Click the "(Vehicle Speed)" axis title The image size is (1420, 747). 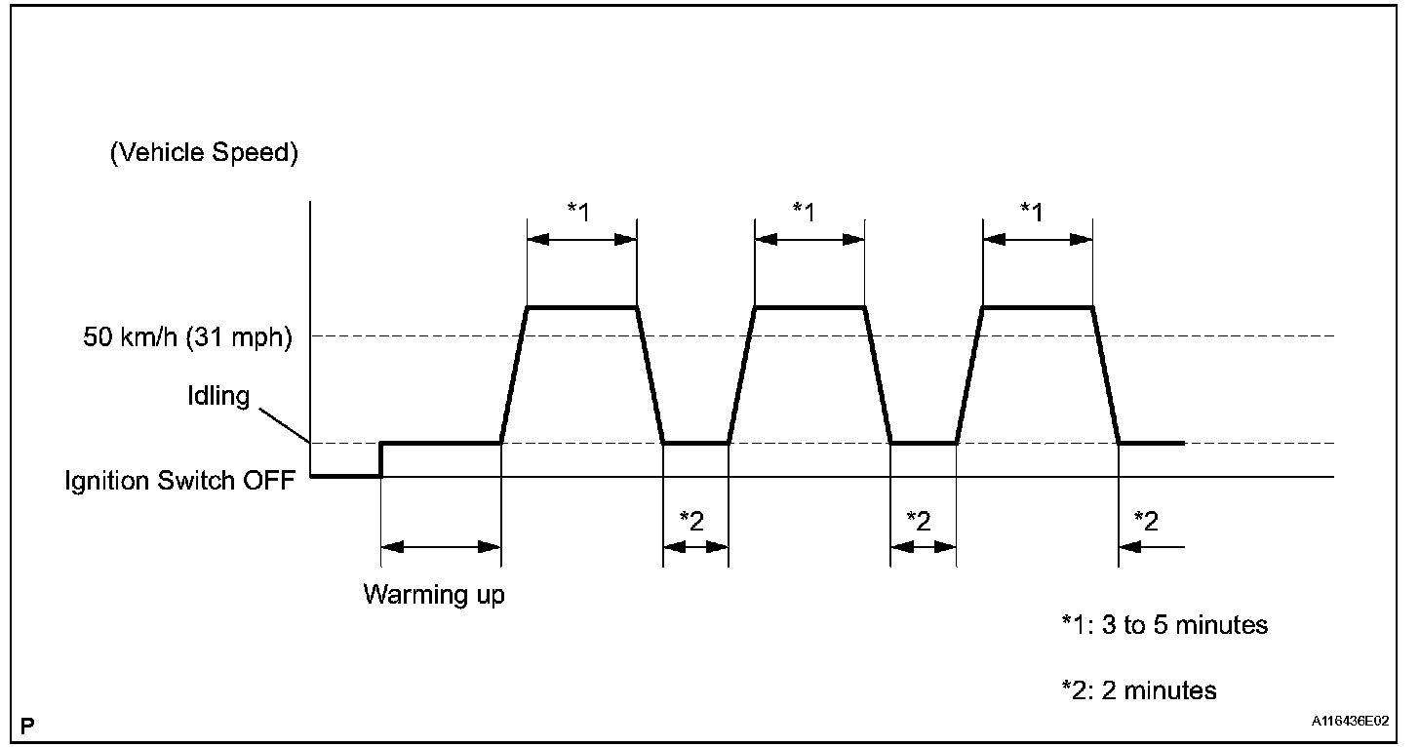pyautogui.click(x=204, y=154)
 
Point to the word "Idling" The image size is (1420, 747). pyautogui.click(x=220, y=396)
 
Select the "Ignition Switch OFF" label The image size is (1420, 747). pyautogui.click(x=180, y=481)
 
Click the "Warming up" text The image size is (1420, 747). pyautogui.click(x=434, y=594)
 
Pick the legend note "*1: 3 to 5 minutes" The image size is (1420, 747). pyautogui.click(x=1164, y=624)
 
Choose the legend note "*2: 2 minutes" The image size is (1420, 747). pyautogui.click(x=1139, y=690)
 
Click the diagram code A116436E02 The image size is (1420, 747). pyautogui.click(x=1351, y=723)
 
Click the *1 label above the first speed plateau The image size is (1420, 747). pyautogui.click(x=578, y=211)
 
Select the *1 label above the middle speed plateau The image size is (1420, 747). pyautogui.click(x=805, y=211)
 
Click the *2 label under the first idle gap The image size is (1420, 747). pyautogui.click(x=692, y=520)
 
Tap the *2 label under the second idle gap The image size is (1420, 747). pyautogui.click(x=920, y=520)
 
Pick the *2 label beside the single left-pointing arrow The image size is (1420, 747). pyautogui.click(x=1147, y=520)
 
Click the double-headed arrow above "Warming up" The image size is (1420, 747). pyautogui.click(x=440, y=548)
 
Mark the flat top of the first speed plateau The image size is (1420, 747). pyautogui.click(x=581, y=307)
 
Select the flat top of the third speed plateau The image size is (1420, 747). pyautogui.click(x=1038, y=307)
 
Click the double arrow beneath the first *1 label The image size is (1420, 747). pyautogui.click(x=581, y=238)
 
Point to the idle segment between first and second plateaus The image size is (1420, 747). pyautogui.click(x=695, y=443)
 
